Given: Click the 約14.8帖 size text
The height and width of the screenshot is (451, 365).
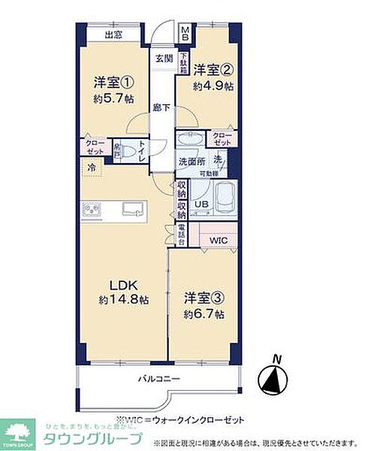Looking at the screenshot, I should tap(123, 299).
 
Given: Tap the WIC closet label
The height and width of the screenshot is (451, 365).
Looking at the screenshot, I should tap(219, 241).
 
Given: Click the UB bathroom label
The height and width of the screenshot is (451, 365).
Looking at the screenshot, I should tap(201, 204).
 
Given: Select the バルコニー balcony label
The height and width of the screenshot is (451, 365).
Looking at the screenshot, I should tap(159, 379).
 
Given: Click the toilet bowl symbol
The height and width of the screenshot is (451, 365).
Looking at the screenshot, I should tap(140, 151).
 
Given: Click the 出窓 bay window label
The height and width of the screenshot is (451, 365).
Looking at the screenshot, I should tap(113, 35).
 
